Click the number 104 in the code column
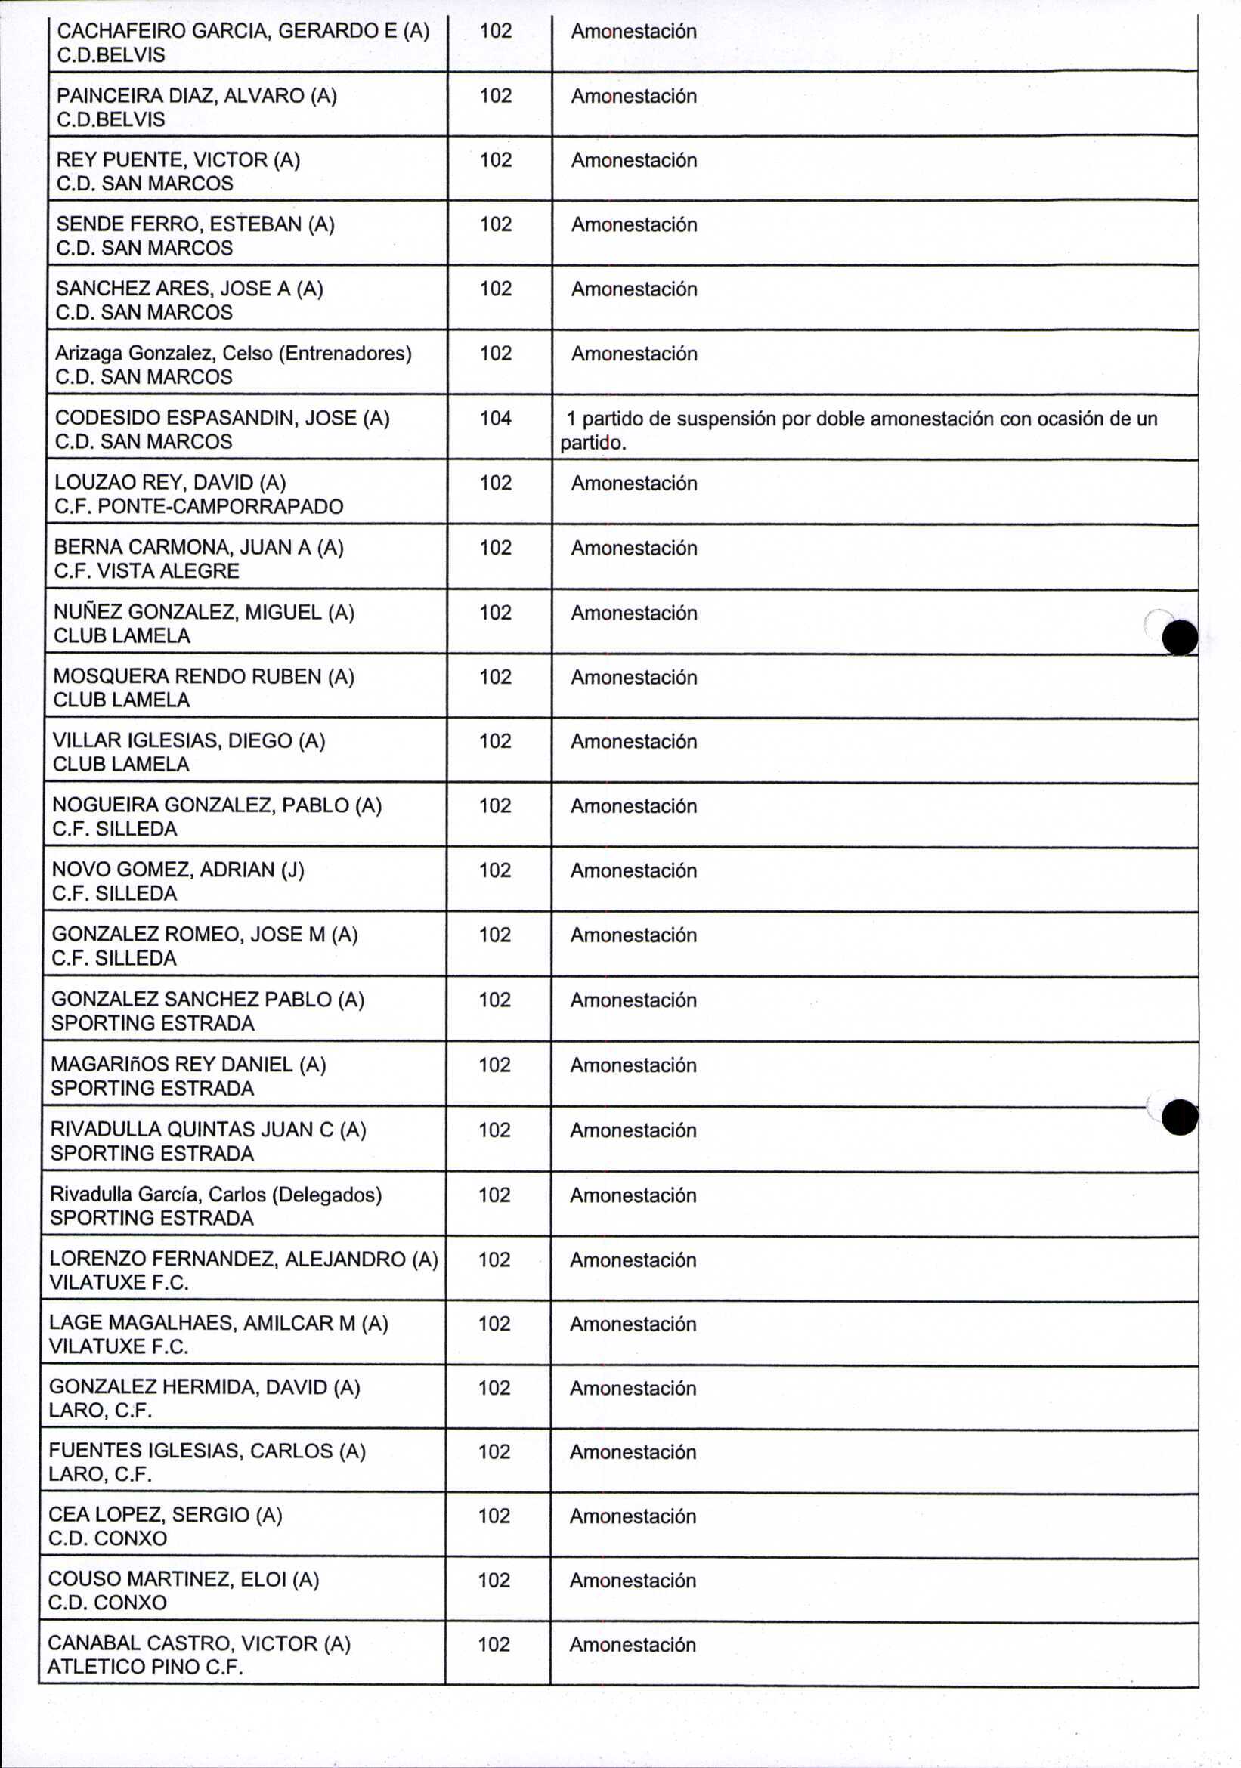tap(495, 418)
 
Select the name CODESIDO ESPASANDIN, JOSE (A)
tap(222, 418)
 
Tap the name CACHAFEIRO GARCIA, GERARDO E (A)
tap(243, 31)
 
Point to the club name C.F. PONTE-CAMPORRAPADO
tap(198, 507)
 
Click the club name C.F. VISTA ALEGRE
tap(147, 571)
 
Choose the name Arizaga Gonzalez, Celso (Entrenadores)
tap(233, 354)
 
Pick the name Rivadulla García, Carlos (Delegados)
tap(215, 1195)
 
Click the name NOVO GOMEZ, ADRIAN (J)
tap(178, 870)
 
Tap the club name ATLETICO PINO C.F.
tap(145, 1667)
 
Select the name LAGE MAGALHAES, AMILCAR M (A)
tap(218, 1323)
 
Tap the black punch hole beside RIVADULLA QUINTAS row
tap(1179, 1117)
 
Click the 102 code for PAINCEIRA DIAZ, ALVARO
tap(495, 95)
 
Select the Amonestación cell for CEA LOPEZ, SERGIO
tap(633, 1516)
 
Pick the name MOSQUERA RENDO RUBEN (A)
tap(203, 676)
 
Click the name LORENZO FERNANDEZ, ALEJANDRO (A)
tap(243, 1259)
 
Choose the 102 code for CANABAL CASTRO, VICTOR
tap(494, 1644)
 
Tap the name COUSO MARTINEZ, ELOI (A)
tap(184, 1579)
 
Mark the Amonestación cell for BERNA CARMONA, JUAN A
tap(633, 548)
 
